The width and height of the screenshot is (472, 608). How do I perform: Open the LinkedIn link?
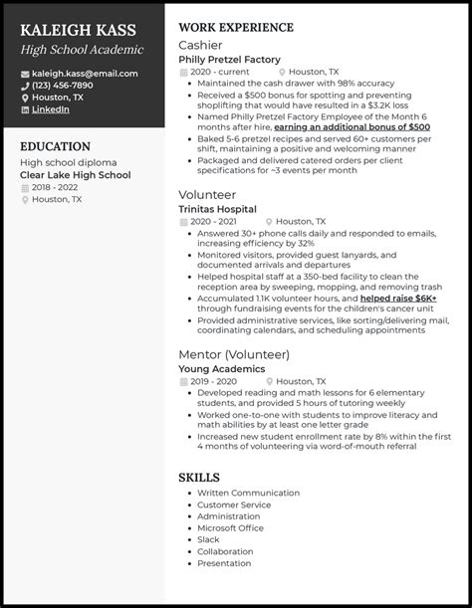point(51,109)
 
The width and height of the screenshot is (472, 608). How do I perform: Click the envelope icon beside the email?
point(24,74)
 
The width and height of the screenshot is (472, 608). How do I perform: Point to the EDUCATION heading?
point(55,146)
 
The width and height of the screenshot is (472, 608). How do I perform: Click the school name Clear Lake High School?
point(75,175)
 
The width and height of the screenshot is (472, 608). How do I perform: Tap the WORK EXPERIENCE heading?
point(235,27)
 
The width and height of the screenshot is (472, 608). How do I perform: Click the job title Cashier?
point(200,45)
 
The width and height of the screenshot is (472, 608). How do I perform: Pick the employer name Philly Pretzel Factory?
point(229,60)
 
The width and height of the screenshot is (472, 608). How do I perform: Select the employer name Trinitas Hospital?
point(217,209)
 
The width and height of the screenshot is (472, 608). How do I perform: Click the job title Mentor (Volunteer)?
point(233,354)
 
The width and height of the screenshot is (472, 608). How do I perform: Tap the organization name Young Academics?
point(221,368)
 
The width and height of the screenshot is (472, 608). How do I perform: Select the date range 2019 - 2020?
point(212,381)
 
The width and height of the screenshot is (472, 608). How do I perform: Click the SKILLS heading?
point(199,478)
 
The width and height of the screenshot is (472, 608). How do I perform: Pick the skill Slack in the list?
point(209,539)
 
